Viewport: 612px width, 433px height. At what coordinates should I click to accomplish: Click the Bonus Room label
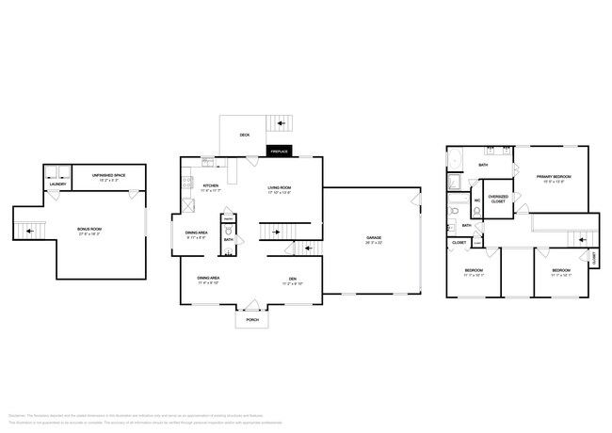[x=89, y=229]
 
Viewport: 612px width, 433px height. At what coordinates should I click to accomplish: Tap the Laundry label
[x=56, y=184]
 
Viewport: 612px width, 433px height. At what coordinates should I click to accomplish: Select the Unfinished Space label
[x=109, y=177]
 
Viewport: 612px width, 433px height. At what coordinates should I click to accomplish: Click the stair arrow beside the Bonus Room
[x=27, y=229]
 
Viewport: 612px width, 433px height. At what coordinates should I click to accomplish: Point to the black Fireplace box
[x=280, y=151]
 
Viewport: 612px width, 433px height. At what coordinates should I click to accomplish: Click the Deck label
[x=244, y=135]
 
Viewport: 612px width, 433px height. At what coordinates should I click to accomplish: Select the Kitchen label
[x=211, y=187]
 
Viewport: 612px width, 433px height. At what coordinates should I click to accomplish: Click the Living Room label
[x=279, y=188]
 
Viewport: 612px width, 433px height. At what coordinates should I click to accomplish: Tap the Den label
[x=293, y=279]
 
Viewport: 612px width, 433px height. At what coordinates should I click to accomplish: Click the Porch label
[x=251, y=320]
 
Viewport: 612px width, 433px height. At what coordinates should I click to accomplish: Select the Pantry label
[x=229, y=218]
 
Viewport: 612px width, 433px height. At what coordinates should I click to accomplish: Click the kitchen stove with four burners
[x=187, y=184]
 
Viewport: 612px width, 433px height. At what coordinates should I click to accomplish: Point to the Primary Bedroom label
[x=556, y=179]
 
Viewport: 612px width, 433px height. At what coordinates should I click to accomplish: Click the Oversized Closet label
[x=497, y=198]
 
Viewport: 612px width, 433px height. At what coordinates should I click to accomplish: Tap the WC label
[x=477, y=200]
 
